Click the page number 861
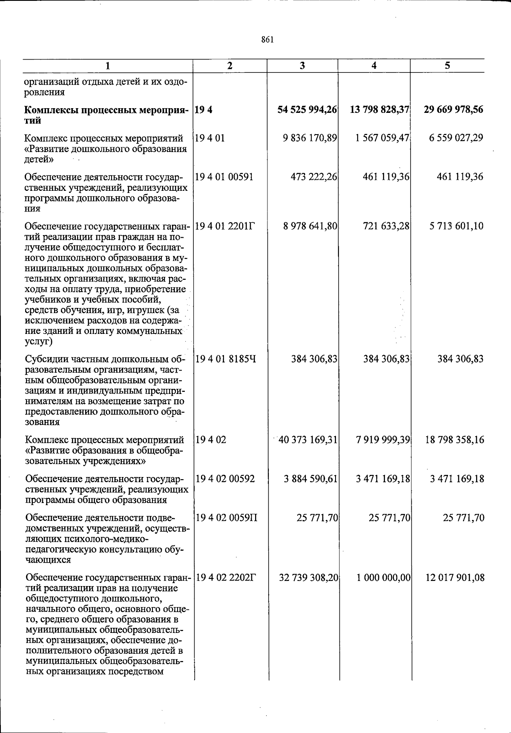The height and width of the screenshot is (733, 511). tap(267, 40)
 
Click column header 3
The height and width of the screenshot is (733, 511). tap(302, 66)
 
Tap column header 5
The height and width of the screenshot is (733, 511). tap(447, 66)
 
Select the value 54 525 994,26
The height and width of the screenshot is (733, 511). tap(307, 110)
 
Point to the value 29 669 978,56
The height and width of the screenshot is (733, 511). tap(454, 110)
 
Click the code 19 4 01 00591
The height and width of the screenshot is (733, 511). tap(224, 177)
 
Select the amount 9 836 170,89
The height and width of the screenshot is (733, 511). tap(310, 138)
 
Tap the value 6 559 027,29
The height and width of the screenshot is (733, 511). tap(456, 138)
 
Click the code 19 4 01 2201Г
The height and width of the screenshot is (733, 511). tap(224, 226)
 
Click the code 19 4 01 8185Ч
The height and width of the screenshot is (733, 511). tap(225, 359)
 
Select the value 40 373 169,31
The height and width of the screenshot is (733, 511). tap(307, 440)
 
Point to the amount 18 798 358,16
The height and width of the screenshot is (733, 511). tap(454, 440)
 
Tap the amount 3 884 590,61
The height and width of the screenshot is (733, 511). tap(310, 479)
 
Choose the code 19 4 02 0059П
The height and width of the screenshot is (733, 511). tap(226, 518)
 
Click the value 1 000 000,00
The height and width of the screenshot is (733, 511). tap(383, 578)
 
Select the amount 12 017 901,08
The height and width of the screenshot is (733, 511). tap(454, 578)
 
